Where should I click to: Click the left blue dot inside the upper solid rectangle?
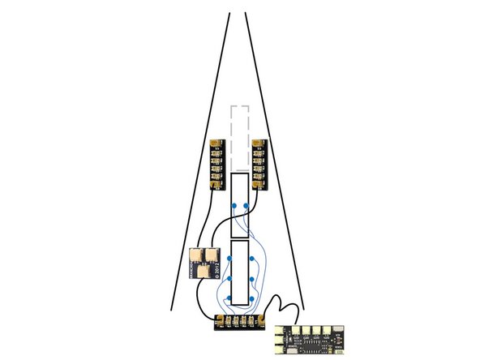[x=234, y=205]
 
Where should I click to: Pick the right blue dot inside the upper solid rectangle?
[x=246, y=205]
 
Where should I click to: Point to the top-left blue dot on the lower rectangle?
[x=229, y=259]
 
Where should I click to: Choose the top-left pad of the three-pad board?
[x=196, y=255]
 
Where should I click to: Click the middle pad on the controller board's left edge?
[x=279, y=339]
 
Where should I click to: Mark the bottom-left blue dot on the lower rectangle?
[x=229, y=298]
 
